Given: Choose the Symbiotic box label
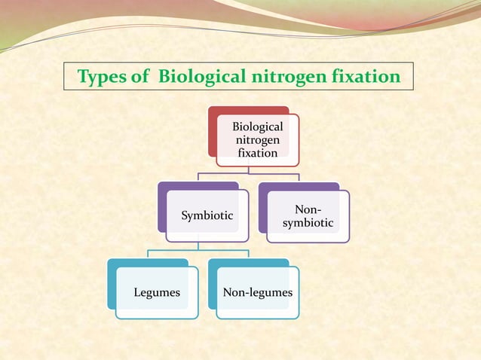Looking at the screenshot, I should coord(207,216).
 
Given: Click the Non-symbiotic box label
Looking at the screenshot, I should coord(308,216).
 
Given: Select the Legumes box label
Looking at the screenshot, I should coord(157,292).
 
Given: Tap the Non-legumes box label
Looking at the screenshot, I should coord(257,292).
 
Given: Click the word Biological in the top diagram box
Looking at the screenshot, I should coord(258,127).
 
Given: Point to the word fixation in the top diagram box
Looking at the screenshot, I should coord(258,153).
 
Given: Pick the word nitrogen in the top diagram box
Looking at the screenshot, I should coord(258,140).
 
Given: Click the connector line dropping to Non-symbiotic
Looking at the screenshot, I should coord(299,178).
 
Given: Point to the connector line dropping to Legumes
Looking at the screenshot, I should coord(148,254).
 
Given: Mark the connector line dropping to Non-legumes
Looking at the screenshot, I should coord(249,254).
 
